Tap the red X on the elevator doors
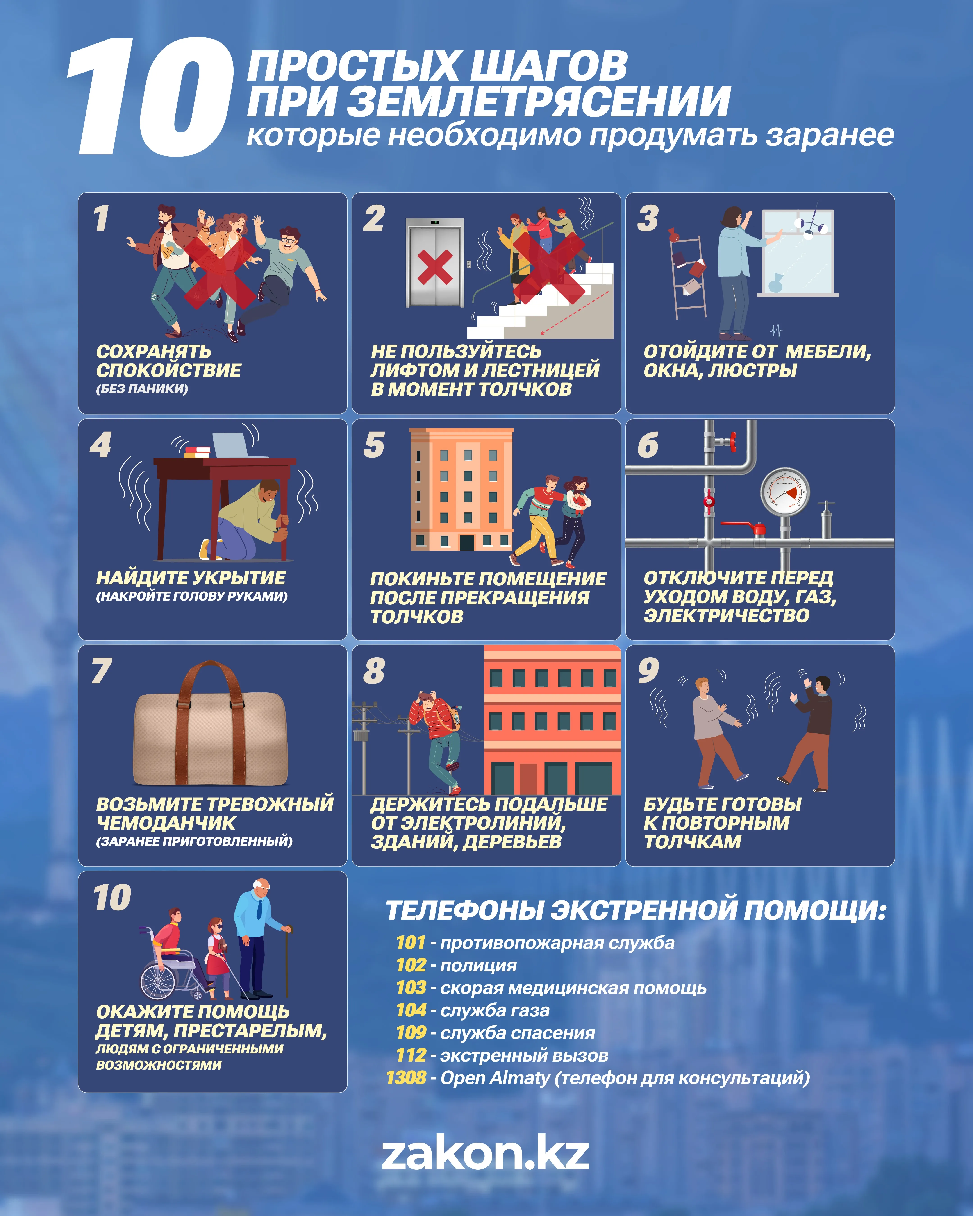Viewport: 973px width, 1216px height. coord(435,266)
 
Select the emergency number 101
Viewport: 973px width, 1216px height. coord(411,942)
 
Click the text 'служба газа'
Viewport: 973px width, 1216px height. coord(495,1010)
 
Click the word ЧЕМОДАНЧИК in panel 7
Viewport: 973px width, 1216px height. coord(166,823)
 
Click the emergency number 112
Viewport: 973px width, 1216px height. coord(411,1055)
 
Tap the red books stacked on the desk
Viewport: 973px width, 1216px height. coord(198,452)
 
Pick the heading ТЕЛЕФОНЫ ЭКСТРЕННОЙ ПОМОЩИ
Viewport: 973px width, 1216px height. coord(636,910)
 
